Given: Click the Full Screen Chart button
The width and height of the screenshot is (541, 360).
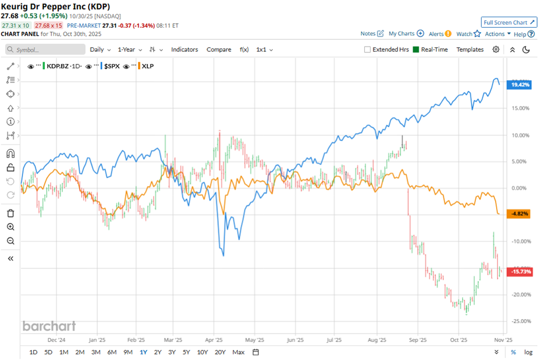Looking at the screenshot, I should point(509,22).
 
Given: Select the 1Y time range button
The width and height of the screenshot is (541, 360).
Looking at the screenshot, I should point(143,352).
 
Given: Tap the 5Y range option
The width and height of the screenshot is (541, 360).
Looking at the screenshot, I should point(186,352).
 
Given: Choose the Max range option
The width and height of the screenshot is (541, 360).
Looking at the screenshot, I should point(238,352).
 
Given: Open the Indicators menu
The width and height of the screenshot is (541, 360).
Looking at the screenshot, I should point(184,50).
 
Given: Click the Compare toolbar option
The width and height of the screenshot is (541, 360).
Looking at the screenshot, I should point(219,50).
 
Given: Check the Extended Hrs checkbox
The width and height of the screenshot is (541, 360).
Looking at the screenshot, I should point(367,50).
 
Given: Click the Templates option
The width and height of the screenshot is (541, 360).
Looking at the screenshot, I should point(470,50).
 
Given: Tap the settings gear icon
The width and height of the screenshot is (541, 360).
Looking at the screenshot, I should point(496,50).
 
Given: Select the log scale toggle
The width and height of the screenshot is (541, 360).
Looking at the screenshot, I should point(528,352).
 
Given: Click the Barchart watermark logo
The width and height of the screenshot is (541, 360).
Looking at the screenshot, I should point(49,326).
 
